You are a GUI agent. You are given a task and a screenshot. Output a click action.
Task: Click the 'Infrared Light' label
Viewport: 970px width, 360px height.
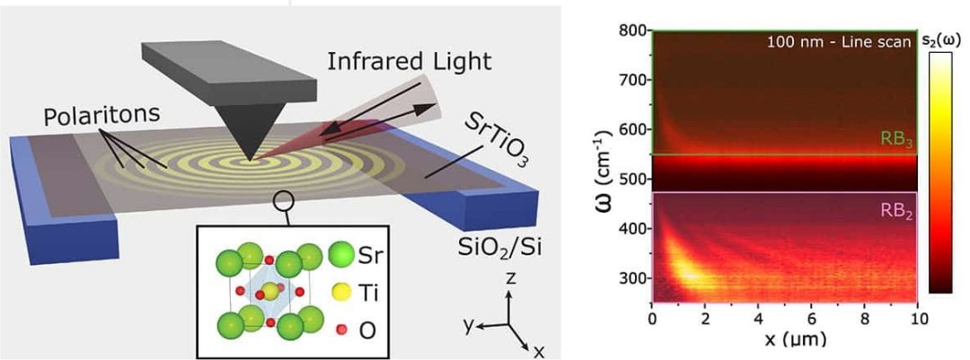coord(410,62)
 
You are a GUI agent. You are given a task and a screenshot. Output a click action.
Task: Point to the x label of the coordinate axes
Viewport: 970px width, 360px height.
coord(538,351)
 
